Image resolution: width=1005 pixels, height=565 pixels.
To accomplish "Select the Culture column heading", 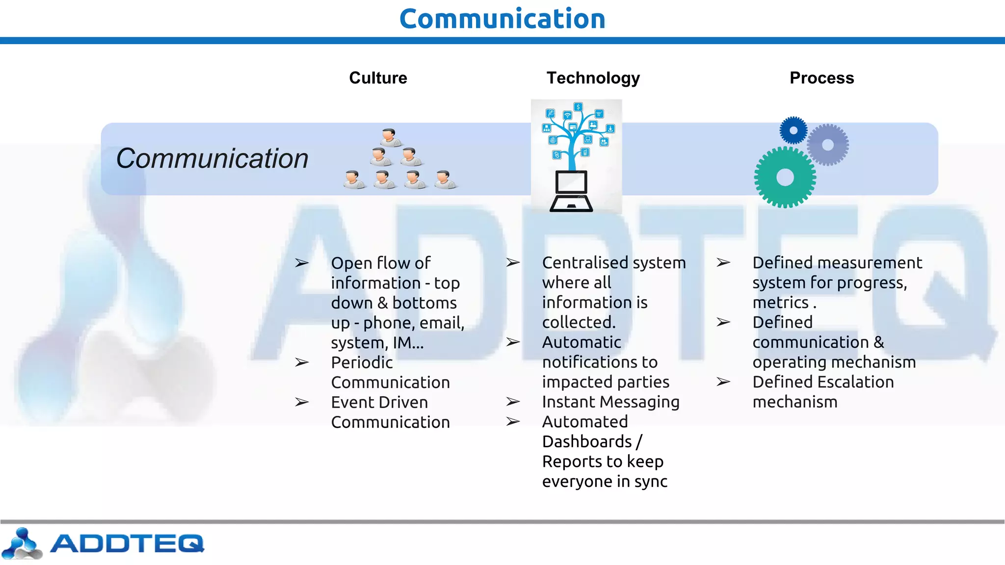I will [x=378, y=78].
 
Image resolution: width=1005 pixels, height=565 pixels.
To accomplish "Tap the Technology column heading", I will [x=593, y=78].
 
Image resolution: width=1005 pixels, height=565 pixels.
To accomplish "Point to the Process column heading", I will [x=821, y=78].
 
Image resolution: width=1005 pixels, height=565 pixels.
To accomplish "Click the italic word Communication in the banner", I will [x=212, y=158].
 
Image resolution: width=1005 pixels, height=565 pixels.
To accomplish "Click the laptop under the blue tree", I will [x=571, y=192].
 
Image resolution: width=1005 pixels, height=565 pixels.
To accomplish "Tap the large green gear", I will [x=785, y=177].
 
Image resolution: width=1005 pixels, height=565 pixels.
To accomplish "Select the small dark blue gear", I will [x=793, y=130].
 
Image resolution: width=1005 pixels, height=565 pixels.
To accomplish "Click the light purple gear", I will [x=828, y=145].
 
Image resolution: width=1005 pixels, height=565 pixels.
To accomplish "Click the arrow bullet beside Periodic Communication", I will [x=302, y=362].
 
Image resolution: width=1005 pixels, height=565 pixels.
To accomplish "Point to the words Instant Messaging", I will [x=610, y=402].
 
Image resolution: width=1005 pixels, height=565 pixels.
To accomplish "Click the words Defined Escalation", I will [x=823, y=382].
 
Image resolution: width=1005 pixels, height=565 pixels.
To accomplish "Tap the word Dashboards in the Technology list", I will [x=587, y=441].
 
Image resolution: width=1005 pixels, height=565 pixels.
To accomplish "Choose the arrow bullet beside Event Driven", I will [x=302, y=402].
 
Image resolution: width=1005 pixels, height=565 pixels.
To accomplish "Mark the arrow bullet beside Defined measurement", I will [x=723, y=262].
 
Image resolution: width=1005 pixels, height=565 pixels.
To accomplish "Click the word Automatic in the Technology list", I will [x=582, y=342].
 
